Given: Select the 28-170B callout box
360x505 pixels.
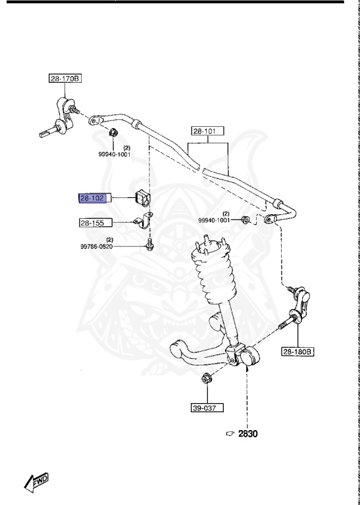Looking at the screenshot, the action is tap(64, 78).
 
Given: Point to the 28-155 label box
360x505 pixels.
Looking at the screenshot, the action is tap(96, 222).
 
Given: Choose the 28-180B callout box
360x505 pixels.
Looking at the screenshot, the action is tap(298, 352).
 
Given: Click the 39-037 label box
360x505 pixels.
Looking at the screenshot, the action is tap(207, 408).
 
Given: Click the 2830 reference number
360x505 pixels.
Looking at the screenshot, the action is tap(248, 433).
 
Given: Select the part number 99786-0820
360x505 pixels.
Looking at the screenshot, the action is tap(96, 247).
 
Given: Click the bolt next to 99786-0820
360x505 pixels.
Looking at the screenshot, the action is tap(149, 245).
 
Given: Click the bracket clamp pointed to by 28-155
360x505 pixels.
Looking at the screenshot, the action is tap(143, 221).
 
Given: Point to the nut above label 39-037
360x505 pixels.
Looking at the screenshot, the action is tap(205, 379).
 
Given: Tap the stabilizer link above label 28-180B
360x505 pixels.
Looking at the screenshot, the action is tap(296, 308).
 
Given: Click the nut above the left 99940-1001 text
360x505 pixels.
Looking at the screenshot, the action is tap(113, 132).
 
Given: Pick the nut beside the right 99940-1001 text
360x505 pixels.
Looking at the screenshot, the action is tap(245, 220).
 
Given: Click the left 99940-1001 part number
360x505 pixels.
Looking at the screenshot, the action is tap(114, 155).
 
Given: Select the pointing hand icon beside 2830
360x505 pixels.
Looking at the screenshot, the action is tap(230, 434).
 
